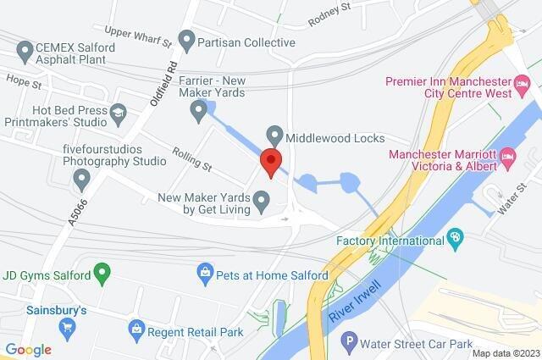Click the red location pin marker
pos(270,162)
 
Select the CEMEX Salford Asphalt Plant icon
pos(24,49)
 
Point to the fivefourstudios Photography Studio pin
pos(82,179)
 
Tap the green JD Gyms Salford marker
pos(102,273)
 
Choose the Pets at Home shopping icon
pos(204,273)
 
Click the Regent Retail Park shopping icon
pos(135,327)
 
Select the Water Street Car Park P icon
pos(347,344)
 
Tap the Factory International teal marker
pos(456,239)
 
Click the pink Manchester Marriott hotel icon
pos(508,157)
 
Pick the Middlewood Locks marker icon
pos(274,135)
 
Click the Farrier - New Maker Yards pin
pos(199,108)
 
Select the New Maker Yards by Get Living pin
pos(262,202)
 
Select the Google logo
pos(28,349)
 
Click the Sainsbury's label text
pos(56,311)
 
